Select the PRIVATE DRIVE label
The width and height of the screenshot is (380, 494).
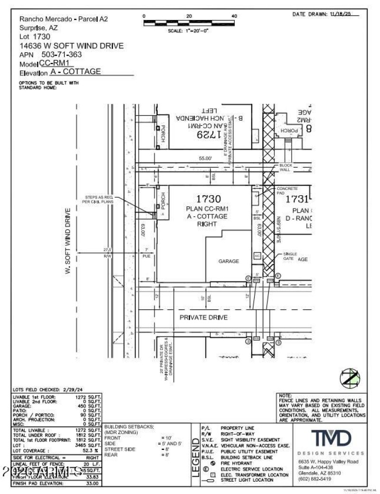[x=203, y=317]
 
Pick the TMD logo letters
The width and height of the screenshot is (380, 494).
[x=331, y=438]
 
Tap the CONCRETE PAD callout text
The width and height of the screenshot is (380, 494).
[x=287, y=191]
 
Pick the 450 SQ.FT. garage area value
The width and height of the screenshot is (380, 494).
[x=88, y=407]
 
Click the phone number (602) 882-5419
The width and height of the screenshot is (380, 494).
[x=315, y=479]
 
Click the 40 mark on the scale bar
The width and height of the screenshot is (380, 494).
[x=234, y=16]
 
